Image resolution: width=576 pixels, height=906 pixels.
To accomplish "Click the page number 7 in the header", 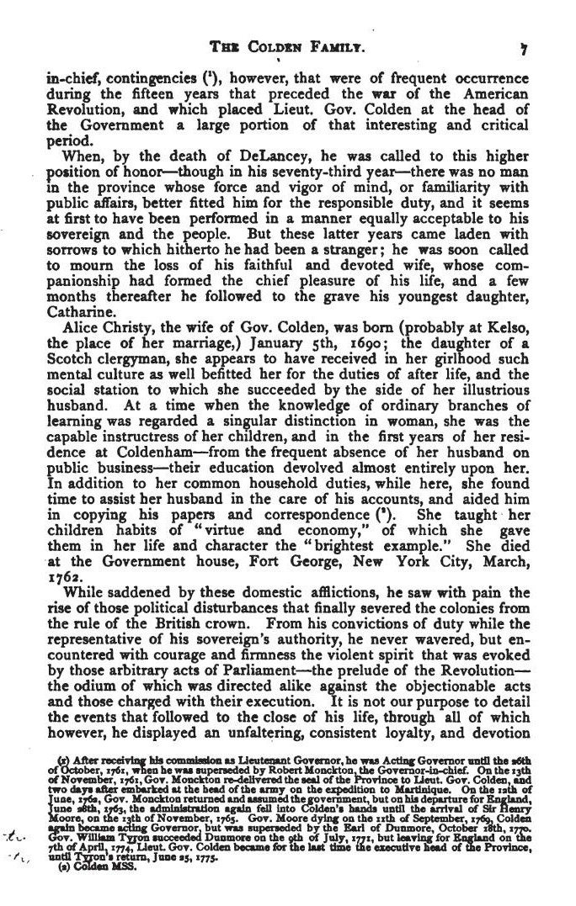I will click(524, 49).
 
